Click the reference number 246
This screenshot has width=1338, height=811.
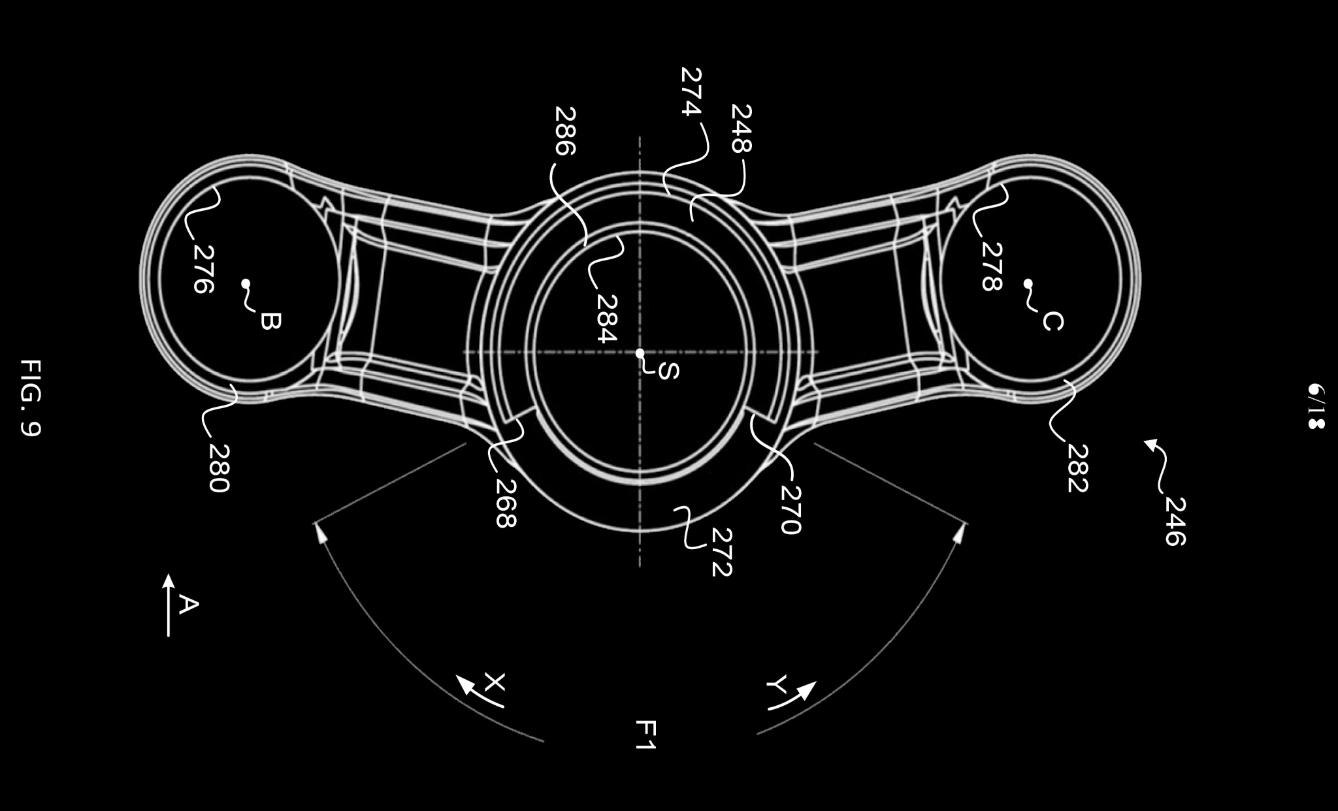point(1175,521)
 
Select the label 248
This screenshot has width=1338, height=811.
point(741,129)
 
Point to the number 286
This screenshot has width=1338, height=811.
point(564,131)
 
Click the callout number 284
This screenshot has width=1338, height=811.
point(606,319)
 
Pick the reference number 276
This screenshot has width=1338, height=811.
point(203,269)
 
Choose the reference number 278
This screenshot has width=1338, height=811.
point(991,266)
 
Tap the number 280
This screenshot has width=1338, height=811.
point(219,468)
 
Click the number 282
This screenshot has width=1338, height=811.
point(1077,468)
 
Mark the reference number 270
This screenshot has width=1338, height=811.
point(790,510)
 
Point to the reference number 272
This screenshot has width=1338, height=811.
point(721,552)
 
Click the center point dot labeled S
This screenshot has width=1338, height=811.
point(640,353)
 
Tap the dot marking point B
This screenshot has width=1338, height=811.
point(246,283)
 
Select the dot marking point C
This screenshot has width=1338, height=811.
point(1028,283)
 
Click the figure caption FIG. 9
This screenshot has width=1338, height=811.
point(31,398)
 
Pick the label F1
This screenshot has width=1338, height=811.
point(645,735)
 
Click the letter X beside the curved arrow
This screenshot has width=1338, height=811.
point(495,682)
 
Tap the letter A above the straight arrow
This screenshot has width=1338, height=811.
point(188,605)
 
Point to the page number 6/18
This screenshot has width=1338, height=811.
point(1315,406)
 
